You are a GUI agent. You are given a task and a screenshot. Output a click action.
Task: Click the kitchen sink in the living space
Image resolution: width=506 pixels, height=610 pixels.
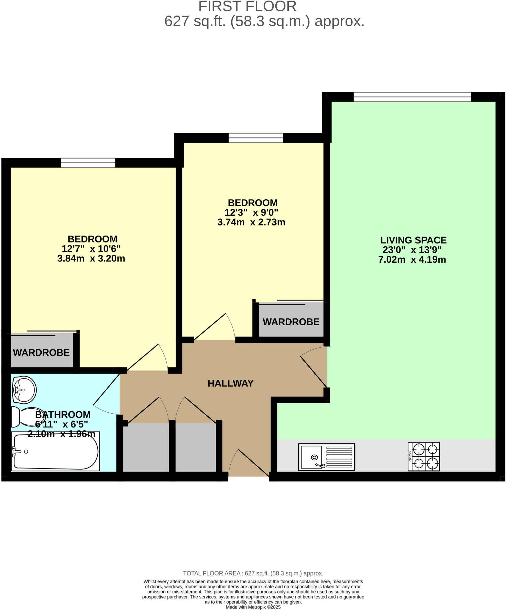327,457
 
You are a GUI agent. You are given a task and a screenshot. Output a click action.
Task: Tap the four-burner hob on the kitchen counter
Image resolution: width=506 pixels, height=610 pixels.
424,456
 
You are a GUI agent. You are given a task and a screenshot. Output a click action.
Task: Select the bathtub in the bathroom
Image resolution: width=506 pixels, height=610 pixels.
55,451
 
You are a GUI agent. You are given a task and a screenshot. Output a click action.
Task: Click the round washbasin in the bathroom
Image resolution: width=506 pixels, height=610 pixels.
24,390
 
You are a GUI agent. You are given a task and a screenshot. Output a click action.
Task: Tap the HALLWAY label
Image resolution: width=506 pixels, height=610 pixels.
230,383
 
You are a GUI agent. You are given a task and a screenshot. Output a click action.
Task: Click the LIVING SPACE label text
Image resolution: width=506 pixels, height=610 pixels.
413,240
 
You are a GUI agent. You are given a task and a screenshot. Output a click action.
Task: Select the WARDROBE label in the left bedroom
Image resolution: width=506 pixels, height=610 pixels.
41,353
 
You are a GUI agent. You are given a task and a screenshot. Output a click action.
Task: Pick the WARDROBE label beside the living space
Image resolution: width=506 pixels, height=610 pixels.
291,322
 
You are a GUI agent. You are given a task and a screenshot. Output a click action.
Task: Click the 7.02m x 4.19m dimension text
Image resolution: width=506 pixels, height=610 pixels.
412,260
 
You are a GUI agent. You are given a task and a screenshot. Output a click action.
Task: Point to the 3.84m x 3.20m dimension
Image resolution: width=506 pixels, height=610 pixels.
91,258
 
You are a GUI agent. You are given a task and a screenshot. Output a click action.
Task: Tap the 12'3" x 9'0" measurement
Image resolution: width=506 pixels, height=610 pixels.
251,213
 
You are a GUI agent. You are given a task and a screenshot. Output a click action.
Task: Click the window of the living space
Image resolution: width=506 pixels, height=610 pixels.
412,97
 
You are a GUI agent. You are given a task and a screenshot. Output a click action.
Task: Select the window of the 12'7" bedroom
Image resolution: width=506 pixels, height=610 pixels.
88,163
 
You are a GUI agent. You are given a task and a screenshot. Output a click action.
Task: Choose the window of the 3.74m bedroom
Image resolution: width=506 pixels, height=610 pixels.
255,138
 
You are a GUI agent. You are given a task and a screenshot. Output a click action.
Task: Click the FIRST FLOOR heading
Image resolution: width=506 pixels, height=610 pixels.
247,7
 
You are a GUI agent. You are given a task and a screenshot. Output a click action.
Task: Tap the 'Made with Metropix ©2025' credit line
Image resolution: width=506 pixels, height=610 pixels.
253,607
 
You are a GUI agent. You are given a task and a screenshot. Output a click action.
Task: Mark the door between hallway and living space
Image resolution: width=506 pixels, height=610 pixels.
313,371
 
